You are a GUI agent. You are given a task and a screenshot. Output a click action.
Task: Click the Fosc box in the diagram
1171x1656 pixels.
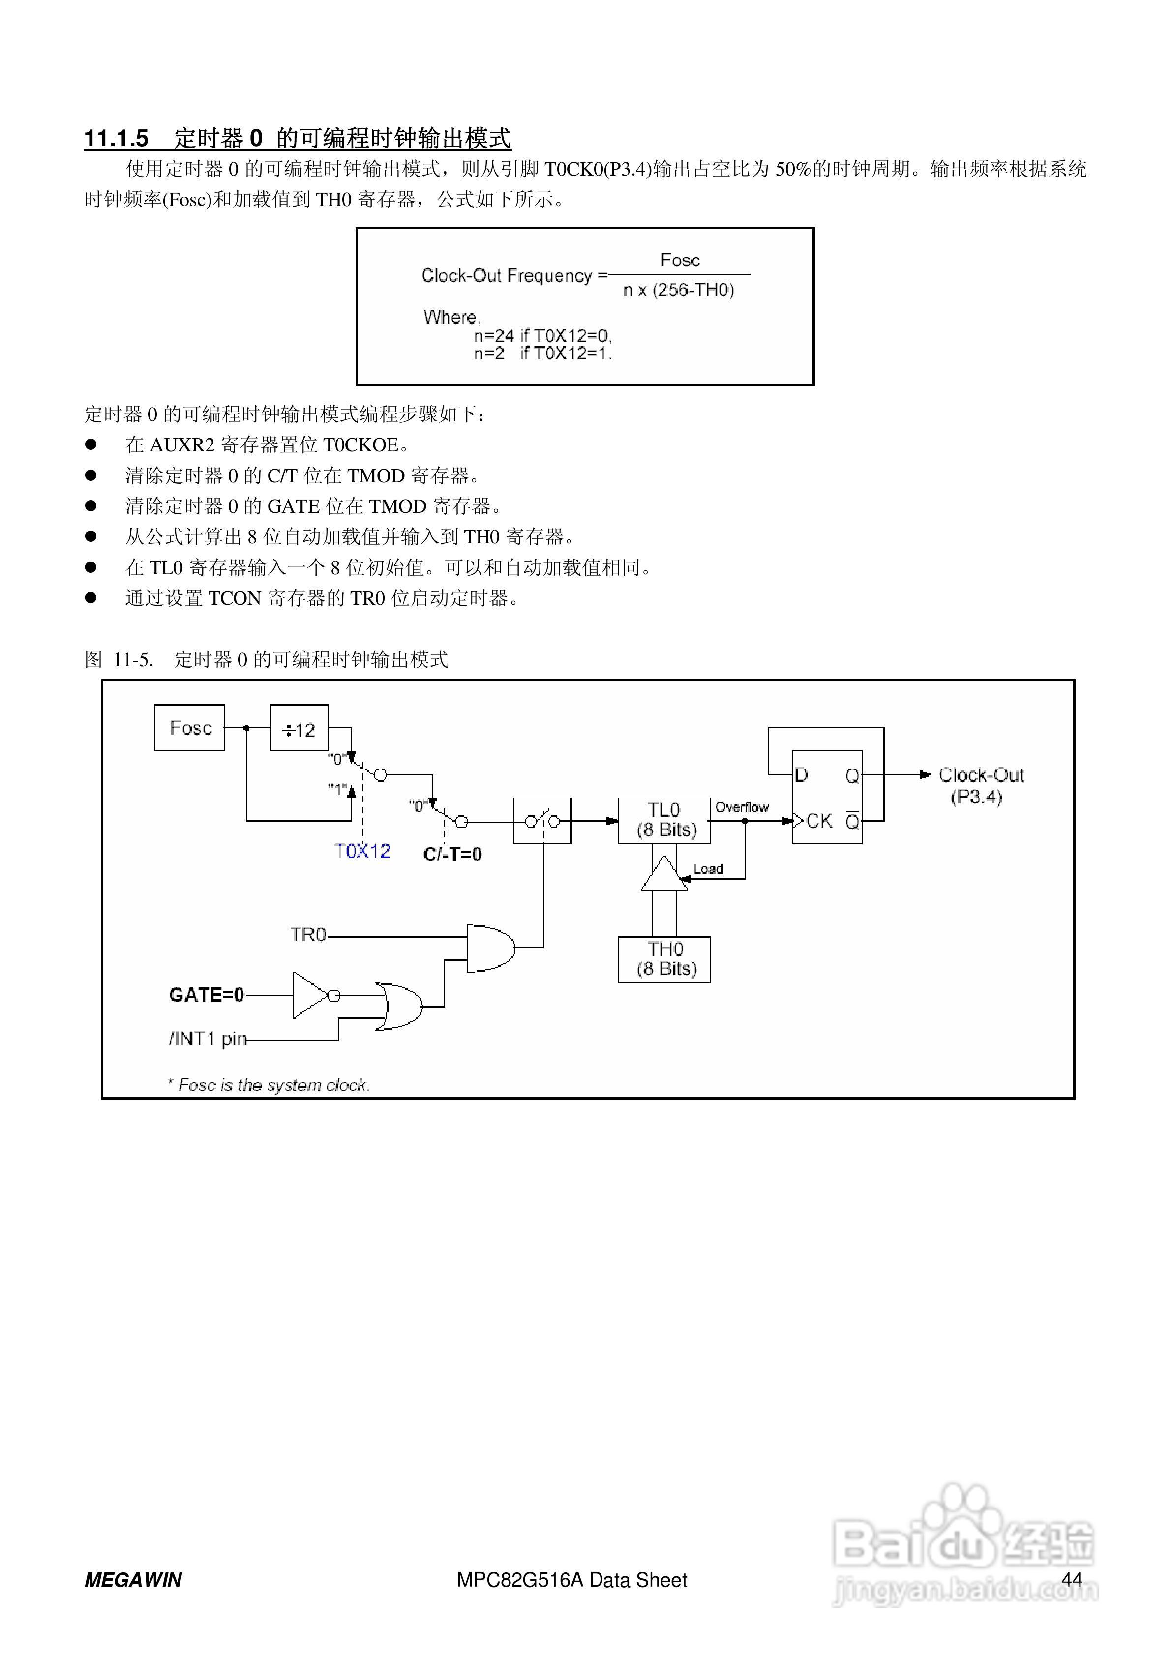[x=190, y=728]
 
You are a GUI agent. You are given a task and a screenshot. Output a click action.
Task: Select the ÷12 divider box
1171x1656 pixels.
[x=299, y=729]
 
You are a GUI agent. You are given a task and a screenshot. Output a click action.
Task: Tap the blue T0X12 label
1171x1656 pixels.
[x=362, y=851]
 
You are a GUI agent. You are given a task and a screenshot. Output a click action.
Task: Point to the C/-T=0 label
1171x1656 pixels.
[x=452, y=855]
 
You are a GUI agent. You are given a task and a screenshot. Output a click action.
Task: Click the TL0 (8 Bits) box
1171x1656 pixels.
[x=664, y=820]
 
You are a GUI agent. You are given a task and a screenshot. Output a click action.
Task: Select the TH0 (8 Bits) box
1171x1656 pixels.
[x=664, y=959]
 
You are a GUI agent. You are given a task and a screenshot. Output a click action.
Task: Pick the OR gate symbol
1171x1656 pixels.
[x=399, y=1005]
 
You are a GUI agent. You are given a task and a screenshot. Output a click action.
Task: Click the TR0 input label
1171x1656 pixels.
[x=308, y=935]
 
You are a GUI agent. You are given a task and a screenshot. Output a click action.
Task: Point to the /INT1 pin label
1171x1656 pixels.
[x=208, y=1038]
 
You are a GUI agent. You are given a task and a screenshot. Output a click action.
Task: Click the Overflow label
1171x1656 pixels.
[x=741, y=807]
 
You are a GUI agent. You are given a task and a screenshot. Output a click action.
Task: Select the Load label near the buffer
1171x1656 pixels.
[x=708, y=869]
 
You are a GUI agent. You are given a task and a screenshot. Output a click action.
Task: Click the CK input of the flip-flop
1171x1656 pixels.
[x=817, y=821]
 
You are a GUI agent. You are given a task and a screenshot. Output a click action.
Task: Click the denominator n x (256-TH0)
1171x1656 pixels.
[x=678, y=290]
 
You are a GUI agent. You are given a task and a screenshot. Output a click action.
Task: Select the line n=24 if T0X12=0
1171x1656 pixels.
[x=542, y=335]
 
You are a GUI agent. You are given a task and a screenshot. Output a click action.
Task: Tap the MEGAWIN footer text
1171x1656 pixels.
[x=133, y=1580]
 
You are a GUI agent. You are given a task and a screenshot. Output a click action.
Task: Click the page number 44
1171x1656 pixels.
[x=1072, y=1579]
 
